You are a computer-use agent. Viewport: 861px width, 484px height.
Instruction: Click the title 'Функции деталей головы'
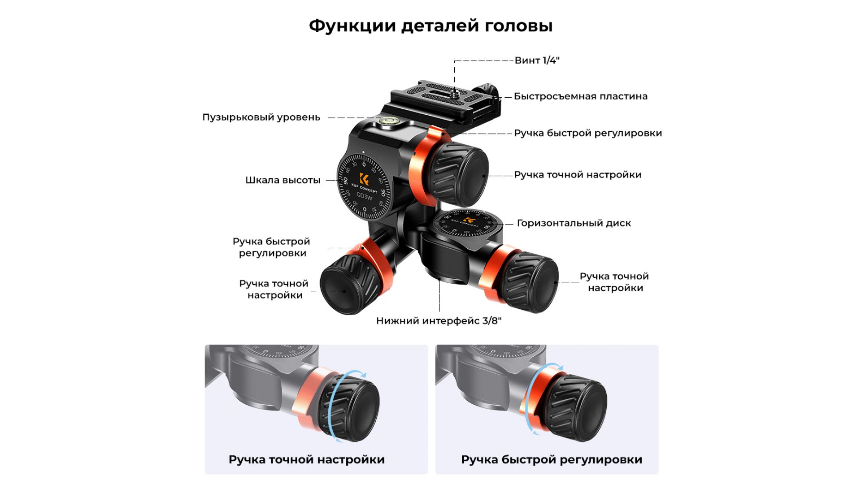430,26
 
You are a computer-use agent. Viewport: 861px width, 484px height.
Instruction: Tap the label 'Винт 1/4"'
537,60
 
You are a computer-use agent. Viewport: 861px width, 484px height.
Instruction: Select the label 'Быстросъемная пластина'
580,96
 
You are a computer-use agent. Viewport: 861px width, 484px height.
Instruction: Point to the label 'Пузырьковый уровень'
261,117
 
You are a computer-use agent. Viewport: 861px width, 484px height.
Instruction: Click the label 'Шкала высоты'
283,180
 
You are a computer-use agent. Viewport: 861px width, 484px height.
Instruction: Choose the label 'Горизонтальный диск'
574,223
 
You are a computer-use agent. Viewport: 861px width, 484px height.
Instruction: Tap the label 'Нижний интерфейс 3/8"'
439,321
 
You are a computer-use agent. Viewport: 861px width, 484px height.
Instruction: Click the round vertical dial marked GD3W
364,186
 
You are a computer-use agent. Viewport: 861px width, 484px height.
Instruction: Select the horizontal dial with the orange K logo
468,222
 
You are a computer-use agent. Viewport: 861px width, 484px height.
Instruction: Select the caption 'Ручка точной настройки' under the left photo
307,460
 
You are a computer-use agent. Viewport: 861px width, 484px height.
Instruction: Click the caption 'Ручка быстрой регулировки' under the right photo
552,460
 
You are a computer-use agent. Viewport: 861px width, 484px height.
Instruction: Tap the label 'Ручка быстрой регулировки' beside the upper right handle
588,134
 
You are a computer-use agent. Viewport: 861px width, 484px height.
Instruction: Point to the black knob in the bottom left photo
351,409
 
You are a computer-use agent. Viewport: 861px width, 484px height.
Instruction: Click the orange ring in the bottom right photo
538,397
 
